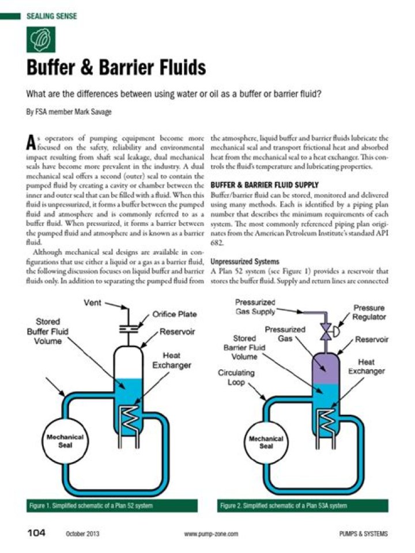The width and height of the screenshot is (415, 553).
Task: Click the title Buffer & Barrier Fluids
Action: (x=116, y=68)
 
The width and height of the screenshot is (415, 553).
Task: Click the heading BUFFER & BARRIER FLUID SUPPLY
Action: (x=265, y=185)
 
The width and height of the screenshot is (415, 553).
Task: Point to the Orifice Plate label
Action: (x=175, y=315)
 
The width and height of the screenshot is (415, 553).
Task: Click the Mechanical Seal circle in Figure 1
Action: (x=65, y=441)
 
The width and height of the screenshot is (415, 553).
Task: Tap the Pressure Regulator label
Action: (x=369, y=313)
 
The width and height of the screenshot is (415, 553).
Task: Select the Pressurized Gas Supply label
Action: (x=255, y=307)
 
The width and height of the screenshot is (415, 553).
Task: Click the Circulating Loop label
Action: (x=236, y=377)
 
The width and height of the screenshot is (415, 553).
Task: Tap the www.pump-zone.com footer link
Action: (x=211, y=535)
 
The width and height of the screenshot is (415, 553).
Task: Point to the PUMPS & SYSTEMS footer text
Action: (x=364, y=534)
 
